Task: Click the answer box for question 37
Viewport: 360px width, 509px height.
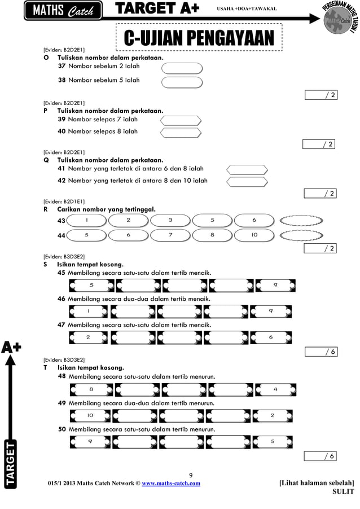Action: pos(182,68)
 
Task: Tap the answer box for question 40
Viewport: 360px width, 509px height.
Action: pos(181,133)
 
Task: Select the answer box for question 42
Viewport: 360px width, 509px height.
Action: pos(247,181)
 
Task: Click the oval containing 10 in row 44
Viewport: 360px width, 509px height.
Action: pos(254,235)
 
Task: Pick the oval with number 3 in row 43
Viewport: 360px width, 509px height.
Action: pos(170,220)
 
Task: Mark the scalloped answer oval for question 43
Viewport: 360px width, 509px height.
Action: pos(301,220)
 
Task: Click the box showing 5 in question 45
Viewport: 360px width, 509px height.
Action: pos(91,285)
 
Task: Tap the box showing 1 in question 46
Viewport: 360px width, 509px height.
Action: pos(89,311)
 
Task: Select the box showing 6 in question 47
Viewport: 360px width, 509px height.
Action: pos(271,337)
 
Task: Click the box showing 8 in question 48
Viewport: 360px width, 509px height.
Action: pos(91,389)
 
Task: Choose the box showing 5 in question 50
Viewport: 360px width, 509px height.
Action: pos(273,442)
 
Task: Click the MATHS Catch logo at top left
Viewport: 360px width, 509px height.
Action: pos(63,11)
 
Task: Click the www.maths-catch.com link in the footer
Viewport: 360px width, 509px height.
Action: pos(170,484)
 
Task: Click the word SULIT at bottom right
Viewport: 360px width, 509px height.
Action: pos(343,492)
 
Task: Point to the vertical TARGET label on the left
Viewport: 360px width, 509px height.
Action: pos(11,464)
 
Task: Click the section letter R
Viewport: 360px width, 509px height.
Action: pos(45,209)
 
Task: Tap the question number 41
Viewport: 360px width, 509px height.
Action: pos(62,169)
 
